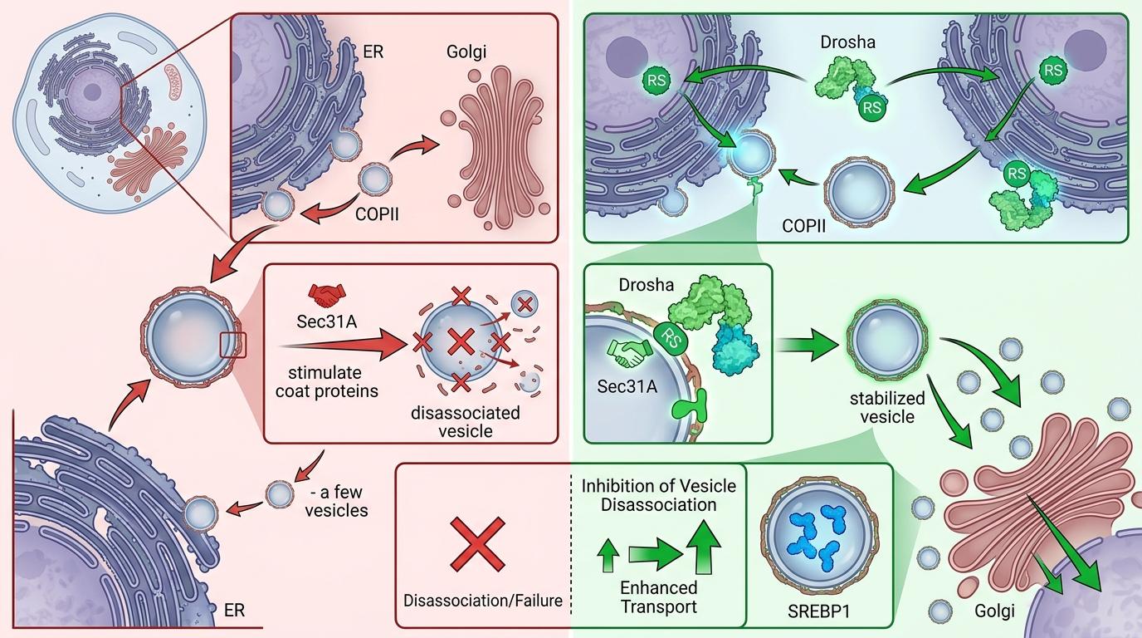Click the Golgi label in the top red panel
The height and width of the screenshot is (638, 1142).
466,52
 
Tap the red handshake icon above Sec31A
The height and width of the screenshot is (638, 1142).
327,296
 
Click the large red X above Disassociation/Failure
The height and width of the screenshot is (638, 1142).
478,544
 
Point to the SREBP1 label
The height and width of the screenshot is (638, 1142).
819,611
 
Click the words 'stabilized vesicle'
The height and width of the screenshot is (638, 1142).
887,407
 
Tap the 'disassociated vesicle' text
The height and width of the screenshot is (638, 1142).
466,421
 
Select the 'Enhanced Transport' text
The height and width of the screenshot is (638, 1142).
659,596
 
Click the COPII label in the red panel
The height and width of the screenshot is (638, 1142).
377,213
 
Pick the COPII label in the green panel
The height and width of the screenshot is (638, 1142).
803,226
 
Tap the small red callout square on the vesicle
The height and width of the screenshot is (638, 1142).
233,345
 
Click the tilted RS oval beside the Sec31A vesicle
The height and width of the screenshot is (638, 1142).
670,339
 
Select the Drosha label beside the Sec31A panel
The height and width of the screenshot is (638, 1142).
646,284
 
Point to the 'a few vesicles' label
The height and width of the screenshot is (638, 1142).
336,501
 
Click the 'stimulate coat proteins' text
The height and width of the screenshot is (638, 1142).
327,381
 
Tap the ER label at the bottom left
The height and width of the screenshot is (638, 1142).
235,610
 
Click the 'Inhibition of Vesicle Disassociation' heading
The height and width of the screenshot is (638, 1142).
659,495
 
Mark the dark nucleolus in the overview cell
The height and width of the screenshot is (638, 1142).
92,92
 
